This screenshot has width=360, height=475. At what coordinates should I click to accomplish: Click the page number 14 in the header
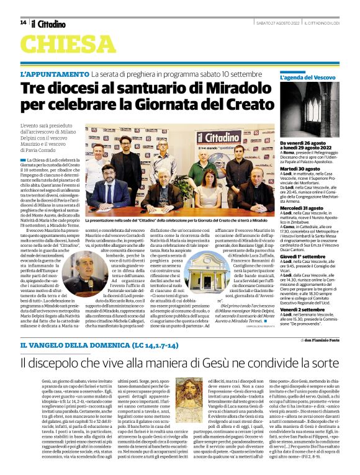pos(23,22)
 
